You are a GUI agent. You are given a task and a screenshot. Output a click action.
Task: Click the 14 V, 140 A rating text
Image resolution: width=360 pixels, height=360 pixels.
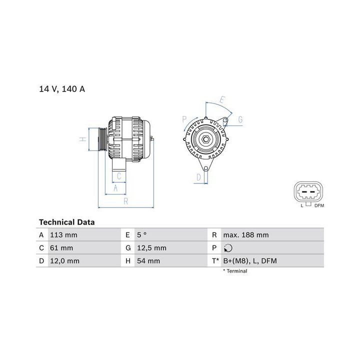tap(62, 89)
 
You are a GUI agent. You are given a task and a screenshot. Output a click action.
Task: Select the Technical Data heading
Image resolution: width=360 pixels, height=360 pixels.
tap(67, 222)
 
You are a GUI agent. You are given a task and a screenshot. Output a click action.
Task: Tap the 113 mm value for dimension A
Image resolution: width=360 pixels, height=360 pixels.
tap(63, 235)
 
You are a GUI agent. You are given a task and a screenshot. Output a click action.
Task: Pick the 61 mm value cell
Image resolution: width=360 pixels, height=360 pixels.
tap(61, 248)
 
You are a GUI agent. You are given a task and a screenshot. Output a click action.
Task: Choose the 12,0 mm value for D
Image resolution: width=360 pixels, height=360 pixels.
tap(64, 261)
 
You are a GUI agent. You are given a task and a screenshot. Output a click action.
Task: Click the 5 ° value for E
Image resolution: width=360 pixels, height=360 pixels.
tap(141, 235)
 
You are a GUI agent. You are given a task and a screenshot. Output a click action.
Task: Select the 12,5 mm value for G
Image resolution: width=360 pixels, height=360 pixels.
tap(152, 248)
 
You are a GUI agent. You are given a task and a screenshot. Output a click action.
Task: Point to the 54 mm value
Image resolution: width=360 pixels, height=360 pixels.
tap(148, 261)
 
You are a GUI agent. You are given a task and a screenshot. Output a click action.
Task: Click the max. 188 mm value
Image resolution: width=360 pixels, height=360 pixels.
tap(246, 235)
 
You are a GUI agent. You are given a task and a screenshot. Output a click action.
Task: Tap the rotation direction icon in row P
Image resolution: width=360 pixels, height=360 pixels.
tap(228, 248)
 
